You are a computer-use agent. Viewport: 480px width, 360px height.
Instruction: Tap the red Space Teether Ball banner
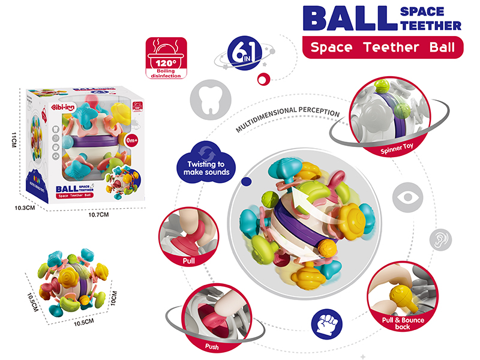pyautogui.click(x=383, y=47)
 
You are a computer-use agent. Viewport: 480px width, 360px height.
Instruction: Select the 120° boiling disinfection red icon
pyautogui.click(x=164, y=58)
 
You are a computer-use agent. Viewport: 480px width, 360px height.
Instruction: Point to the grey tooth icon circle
pyautogui.click(x=205, y=100)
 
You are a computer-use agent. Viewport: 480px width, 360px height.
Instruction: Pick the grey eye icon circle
pyautogui.click(x=406, y=199)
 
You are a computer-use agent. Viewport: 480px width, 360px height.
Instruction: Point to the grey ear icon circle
pyautogui.click(x=440, y=239)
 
